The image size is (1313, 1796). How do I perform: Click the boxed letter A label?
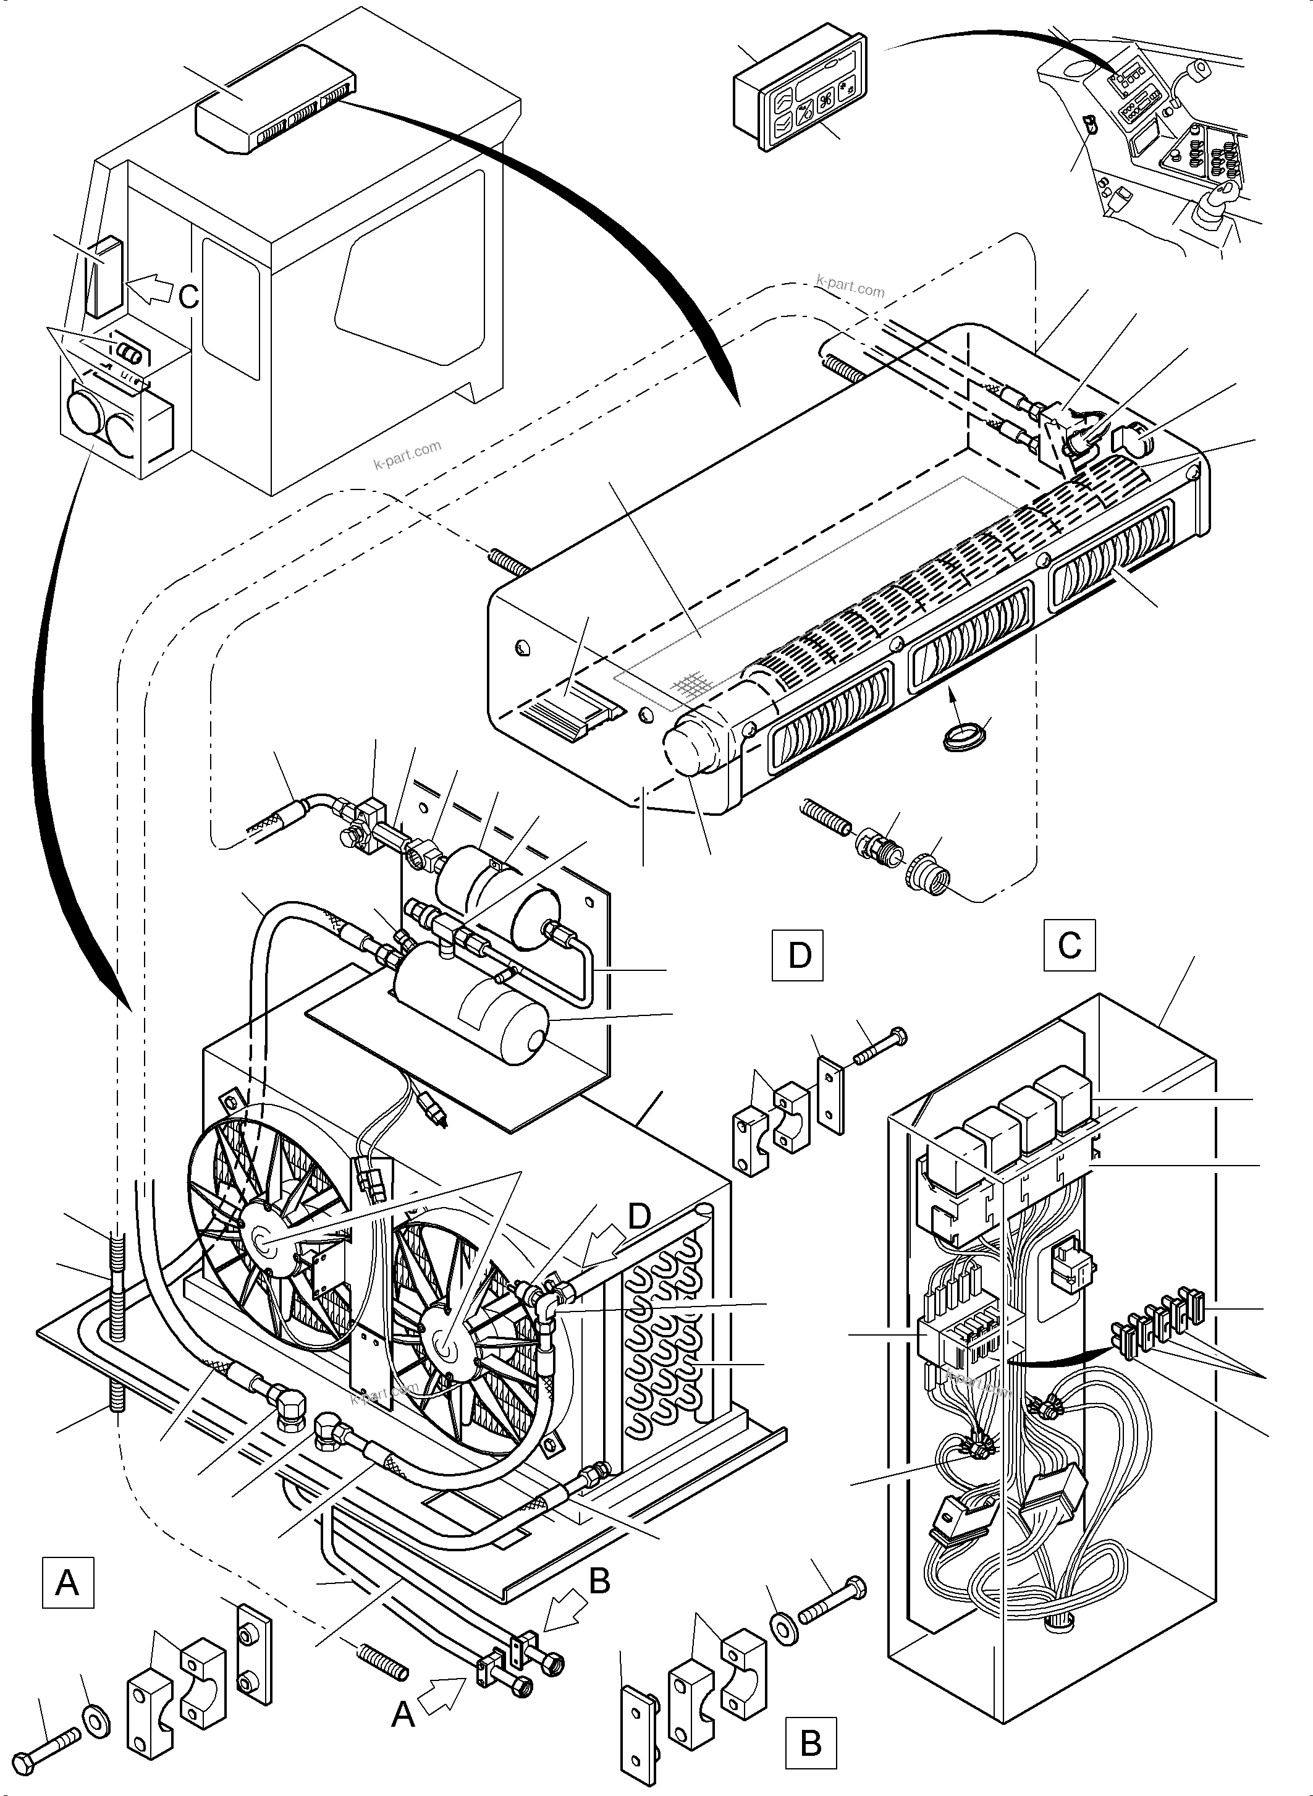(67, 1583)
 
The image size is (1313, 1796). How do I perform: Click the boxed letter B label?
(811, 1743)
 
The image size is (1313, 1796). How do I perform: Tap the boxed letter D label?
(798, 955)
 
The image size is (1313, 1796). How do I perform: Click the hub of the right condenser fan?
(447, 1347)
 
